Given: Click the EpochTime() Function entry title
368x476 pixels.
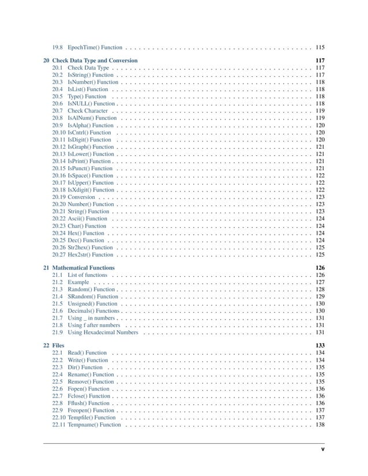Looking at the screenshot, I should tap(95, 47).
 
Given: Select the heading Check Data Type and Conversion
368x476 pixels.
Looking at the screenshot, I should tap(95, 61).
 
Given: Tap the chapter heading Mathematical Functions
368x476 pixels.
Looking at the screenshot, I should tap(83, 268).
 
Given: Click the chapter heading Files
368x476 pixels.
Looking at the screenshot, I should tap(58, 345).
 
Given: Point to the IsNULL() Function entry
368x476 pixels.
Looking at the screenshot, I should tap(91, 104).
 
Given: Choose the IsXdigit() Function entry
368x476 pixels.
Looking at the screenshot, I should tap(91, 190).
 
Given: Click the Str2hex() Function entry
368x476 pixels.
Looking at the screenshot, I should tap(90, 247).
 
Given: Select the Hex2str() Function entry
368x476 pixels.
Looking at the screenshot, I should tap(90, 254).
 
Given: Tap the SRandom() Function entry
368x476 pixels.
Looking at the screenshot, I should tap(92, 297).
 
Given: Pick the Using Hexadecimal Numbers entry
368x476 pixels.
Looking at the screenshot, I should tap(103, 332).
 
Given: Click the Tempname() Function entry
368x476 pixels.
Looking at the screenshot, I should tap(94, 425).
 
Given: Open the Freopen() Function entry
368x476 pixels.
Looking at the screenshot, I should tap(91, 410).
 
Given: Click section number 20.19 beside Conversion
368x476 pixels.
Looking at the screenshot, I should tap(58, 197).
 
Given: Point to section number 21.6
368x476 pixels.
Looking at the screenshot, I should tap(57, 311).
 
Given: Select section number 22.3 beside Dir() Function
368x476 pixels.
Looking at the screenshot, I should tap(57, 367).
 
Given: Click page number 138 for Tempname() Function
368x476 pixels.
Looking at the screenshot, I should tap(320, 425).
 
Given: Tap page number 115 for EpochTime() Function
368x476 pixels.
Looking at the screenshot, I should tap(320, 47).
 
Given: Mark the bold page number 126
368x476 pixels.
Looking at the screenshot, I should tap(320, 268).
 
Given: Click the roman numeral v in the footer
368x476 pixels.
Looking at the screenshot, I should tap(323, 448).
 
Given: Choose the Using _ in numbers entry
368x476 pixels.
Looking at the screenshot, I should tap(92, 318).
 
